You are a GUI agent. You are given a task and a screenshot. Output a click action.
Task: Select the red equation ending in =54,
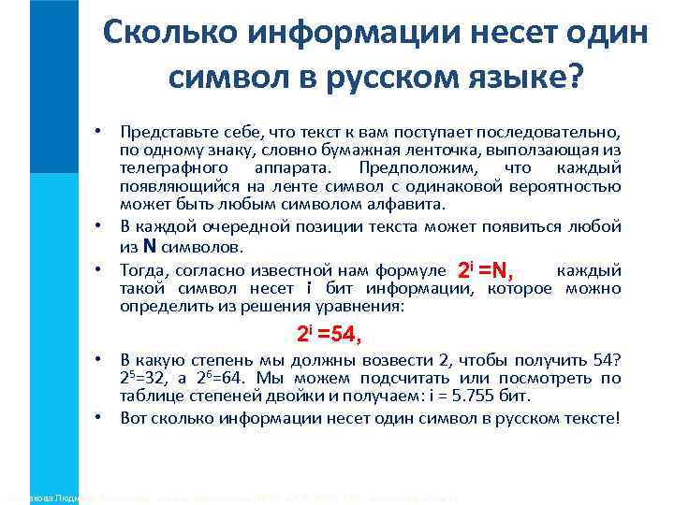pos(329,334)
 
